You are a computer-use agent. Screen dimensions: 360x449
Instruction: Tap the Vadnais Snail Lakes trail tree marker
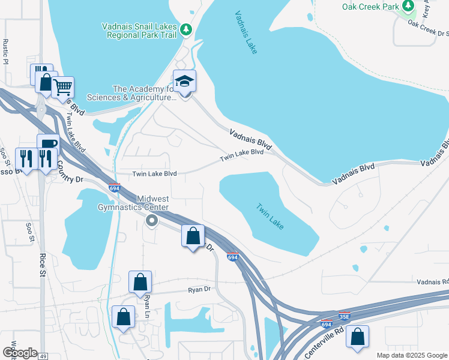186,28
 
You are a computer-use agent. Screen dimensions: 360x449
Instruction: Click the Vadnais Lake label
246,32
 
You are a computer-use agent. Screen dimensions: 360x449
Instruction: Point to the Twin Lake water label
270,217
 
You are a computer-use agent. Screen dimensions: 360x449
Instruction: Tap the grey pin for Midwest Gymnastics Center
152,221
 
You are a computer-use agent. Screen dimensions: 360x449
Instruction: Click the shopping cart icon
62,87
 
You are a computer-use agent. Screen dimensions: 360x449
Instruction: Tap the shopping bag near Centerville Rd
357,337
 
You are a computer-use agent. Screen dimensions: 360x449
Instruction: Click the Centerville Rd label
336,336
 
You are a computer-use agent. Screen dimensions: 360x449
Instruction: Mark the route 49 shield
43,356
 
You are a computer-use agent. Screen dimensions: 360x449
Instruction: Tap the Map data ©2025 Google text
411,355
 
